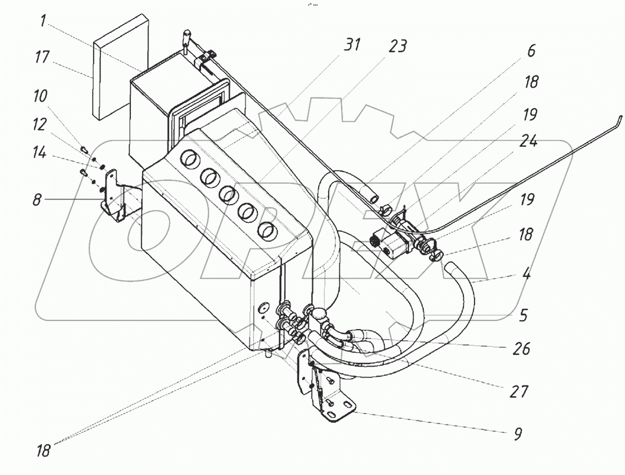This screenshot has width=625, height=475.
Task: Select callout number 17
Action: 42,57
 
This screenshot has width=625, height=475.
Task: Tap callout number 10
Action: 40,96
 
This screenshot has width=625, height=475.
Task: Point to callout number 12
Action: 39,124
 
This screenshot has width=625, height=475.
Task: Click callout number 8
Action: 37,199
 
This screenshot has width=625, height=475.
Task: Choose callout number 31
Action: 352,45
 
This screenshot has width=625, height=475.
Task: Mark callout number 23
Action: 397,46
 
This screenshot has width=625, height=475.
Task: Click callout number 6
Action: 531,51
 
